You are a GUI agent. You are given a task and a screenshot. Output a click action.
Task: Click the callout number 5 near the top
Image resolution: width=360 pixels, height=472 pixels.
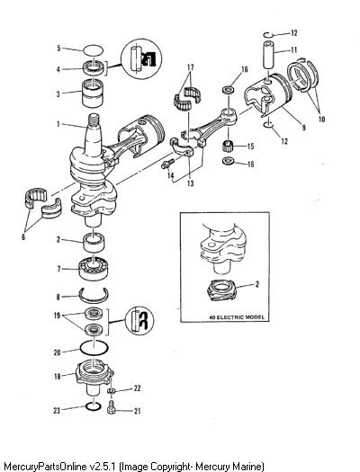click(x=59, y=49)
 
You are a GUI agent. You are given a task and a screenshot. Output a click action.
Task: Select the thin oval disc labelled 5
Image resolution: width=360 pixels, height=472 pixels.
click(x=94, y=50)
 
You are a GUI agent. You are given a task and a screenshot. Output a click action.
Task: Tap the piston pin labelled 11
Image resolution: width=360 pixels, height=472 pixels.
click(x=270, y=55)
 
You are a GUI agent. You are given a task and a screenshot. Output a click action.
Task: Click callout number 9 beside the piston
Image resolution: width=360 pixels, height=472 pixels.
click(x=304, y=128)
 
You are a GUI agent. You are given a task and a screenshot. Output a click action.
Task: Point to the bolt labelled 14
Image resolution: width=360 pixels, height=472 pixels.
click(x=167, y=164)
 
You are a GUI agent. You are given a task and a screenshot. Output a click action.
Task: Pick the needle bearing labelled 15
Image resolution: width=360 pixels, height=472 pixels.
click(x=229, y=147)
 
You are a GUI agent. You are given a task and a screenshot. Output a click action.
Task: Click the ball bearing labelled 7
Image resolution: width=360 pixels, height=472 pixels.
click(x=94, y=269)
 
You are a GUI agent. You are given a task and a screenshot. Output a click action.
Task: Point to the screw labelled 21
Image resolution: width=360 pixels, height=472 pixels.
click(x=112, y=406)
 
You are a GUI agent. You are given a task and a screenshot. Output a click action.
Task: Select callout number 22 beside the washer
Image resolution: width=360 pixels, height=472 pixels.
click(x=137, y=388)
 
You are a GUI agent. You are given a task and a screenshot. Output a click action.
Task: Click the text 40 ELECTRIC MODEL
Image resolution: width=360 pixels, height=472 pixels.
click(x=237, y=317)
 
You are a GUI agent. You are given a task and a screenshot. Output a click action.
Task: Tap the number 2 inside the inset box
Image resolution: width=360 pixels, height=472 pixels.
click(x=257, y=283)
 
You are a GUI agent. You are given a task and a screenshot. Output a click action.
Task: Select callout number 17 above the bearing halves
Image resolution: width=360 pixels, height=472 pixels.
click(x=191, y=67)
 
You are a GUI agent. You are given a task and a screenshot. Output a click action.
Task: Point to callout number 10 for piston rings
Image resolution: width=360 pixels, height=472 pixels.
click(x=321, y=120)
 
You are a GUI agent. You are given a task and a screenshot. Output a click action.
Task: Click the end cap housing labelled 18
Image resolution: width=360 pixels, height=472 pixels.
click(x=94, y=380)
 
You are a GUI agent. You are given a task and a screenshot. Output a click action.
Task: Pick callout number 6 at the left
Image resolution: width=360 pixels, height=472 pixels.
click(x=23, y=237)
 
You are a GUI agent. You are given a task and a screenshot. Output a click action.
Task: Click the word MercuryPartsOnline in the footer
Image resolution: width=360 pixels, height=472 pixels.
click(x=45, y=466)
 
